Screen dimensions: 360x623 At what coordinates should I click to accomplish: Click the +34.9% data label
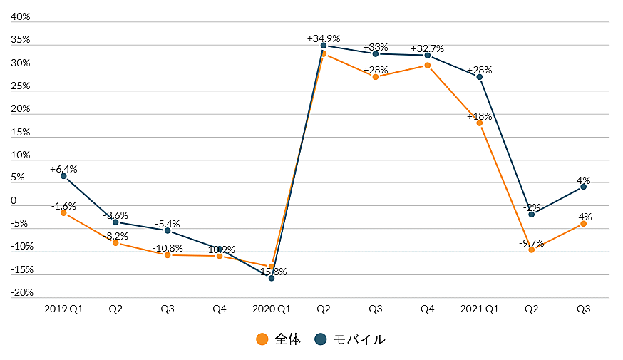click(323, 38)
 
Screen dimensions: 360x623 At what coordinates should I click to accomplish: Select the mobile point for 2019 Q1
click(63, 176)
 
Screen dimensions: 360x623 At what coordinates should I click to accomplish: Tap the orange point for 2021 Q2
click(532, 250)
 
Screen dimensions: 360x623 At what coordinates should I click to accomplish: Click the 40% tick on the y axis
click(20, 17)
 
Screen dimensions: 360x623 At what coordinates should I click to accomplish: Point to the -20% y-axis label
click(22, 293)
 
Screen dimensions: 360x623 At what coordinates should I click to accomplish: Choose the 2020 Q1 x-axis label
click(272, 309)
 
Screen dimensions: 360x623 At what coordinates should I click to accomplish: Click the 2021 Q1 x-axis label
click(480, 309)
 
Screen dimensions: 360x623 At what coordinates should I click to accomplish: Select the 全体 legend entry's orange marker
click(262, 339)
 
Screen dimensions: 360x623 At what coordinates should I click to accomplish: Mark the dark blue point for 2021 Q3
click(584, 187)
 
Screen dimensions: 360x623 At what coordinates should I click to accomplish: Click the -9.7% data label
click(531, 243)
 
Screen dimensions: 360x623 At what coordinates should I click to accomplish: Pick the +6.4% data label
click(63, 170)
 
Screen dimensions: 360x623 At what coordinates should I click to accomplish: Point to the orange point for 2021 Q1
click(480, 123)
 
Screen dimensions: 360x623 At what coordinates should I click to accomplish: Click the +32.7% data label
click(428, 48)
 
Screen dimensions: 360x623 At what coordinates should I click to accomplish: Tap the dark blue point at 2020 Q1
click(272, 278)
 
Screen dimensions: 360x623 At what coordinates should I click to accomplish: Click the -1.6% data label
click(63, 206)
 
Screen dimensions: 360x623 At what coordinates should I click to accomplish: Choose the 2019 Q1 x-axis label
click(63, 309)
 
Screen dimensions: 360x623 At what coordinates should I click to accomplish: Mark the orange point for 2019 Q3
click(168, 254)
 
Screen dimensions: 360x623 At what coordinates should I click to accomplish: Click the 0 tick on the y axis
click(14, 201)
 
